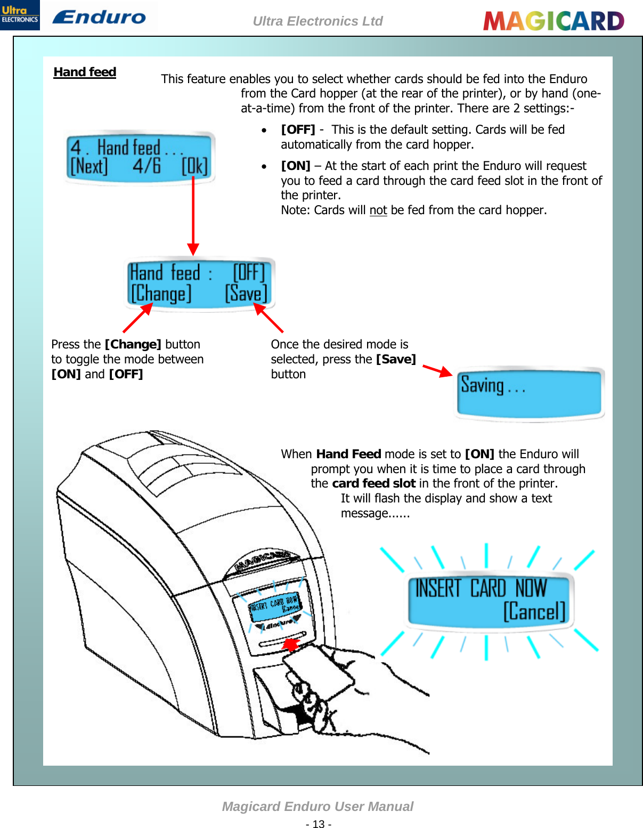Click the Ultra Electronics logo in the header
[x=20, y=15]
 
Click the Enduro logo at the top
[x=99, y=17]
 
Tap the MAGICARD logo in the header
[x=554, y=21]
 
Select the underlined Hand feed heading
[x=85, y=72]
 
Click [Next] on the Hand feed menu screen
[x=89, y=166]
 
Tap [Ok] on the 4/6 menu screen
[x=194, y=166]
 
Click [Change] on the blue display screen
[x=161, y=294]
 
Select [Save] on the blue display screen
[x=246, y=294]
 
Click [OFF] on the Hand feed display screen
[x=249, y=273]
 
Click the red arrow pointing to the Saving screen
[x=437, y=371]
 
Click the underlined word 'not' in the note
[x=378, y=210]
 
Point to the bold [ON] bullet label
[x=296, y=166]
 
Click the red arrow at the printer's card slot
[x=290, y=645]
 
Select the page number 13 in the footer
[x=319, y=824]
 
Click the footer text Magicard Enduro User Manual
[x=318, y=806]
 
